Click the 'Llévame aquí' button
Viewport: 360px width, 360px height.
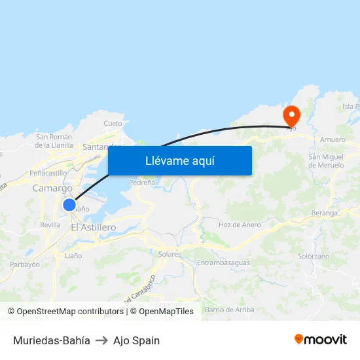179,160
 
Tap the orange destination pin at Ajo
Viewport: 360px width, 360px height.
291,116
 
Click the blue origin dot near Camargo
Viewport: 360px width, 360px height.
69,205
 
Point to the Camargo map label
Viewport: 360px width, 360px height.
52,189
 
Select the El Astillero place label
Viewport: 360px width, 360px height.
93,227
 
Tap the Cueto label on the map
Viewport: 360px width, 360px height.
113,123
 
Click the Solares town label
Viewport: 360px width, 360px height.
170,253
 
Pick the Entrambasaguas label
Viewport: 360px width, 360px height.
223,262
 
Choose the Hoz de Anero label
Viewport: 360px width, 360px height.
240,225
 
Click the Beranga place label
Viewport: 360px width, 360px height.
325,213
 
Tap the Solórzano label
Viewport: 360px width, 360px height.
314,257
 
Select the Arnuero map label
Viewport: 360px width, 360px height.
333,140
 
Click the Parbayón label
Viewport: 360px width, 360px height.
25,264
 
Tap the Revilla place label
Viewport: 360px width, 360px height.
50,225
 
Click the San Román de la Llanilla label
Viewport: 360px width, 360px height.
54,141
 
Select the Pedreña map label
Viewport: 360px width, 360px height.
142,183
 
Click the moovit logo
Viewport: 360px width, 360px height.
320,340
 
